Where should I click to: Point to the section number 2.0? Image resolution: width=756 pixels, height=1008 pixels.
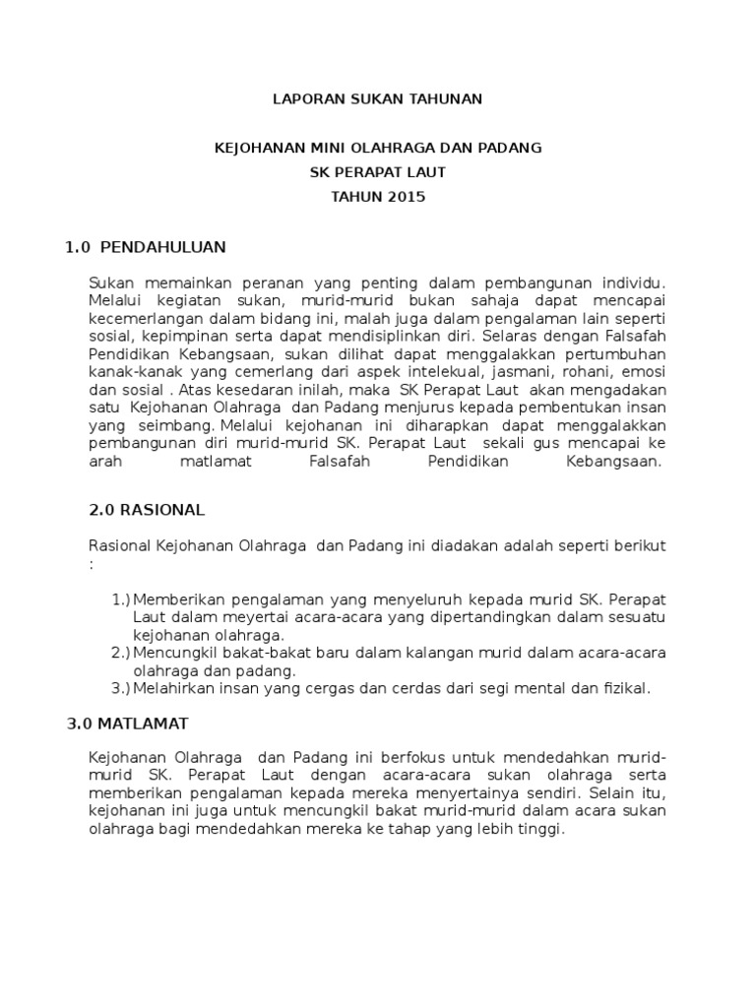[102, 510]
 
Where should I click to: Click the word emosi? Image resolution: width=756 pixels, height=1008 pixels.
[645, 373]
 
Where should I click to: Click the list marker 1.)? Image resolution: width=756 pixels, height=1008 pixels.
[121, 598]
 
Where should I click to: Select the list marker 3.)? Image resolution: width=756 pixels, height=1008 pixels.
[121, 688]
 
